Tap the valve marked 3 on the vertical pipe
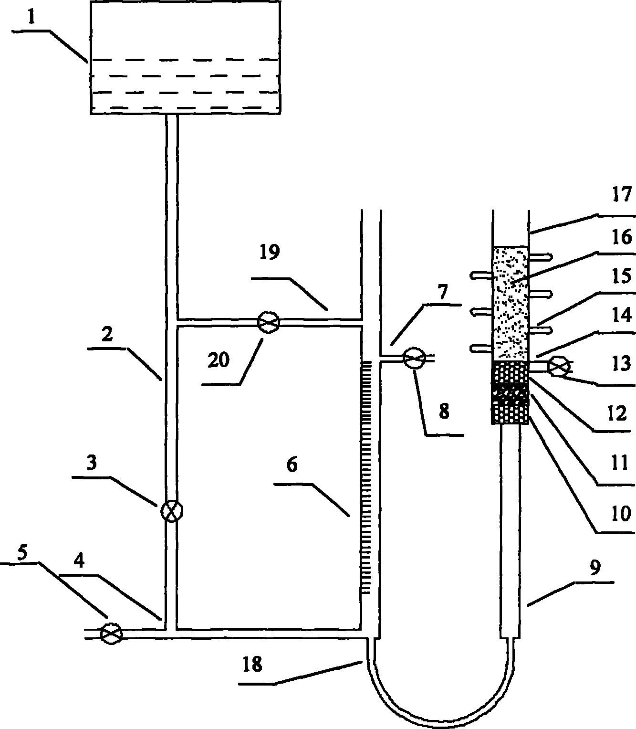coord(171,511)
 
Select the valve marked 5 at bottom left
coord(112,634)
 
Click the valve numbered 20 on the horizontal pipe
coord(268,323)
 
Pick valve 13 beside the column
coord(559,367)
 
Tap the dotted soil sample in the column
coord(510,303)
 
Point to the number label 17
coord(622,195)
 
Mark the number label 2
coord(107,334)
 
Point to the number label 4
coord(79,561)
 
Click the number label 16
coord(620,237)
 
